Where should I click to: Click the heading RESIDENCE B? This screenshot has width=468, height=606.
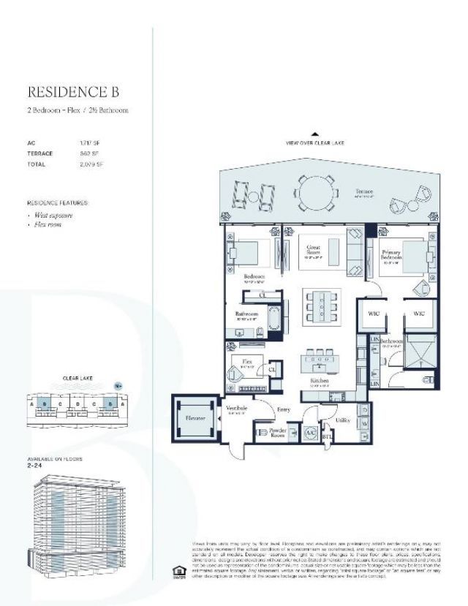pos(72,92)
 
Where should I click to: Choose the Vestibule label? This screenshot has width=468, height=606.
pos(237,409)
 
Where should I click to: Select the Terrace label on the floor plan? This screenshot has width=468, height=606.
pos(364,192)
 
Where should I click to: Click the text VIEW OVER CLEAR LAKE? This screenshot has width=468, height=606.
pos(315,144)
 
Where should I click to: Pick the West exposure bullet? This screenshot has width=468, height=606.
pos(51,216)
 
